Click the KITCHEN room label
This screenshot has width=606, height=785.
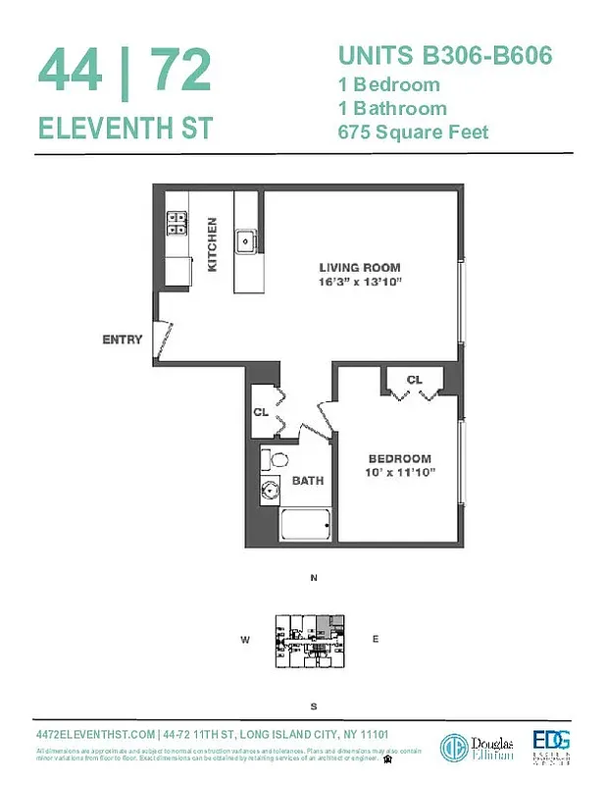[212, 244]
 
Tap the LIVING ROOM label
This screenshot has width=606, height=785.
[360, 268]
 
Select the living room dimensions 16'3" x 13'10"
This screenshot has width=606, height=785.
[360, 283]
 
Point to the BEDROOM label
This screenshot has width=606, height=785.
[399, 458]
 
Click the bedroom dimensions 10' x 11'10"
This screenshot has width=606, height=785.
[399, 472]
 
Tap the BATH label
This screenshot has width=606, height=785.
[308, 481]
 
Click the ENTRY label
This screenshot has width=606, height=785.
[123, 340]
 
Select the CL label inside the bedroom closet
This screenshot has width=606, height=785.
[414, 380]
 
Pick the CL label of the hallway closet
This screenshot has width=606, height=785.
[261, 412]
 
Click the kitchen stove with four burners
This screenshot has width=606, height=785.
[177, 223]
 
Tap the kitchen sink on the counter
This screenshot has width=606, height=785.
[245, 239]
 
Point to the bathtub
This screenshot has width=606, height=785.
[307, 526]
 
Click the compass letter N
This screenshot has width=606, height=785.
[314, 579]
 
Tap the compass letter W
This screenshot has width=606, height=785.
[245, 640]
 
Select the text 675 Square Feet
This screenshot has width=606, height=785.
[413, 132]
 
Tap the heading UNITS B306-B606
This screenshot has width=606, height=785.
[444, 56]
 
